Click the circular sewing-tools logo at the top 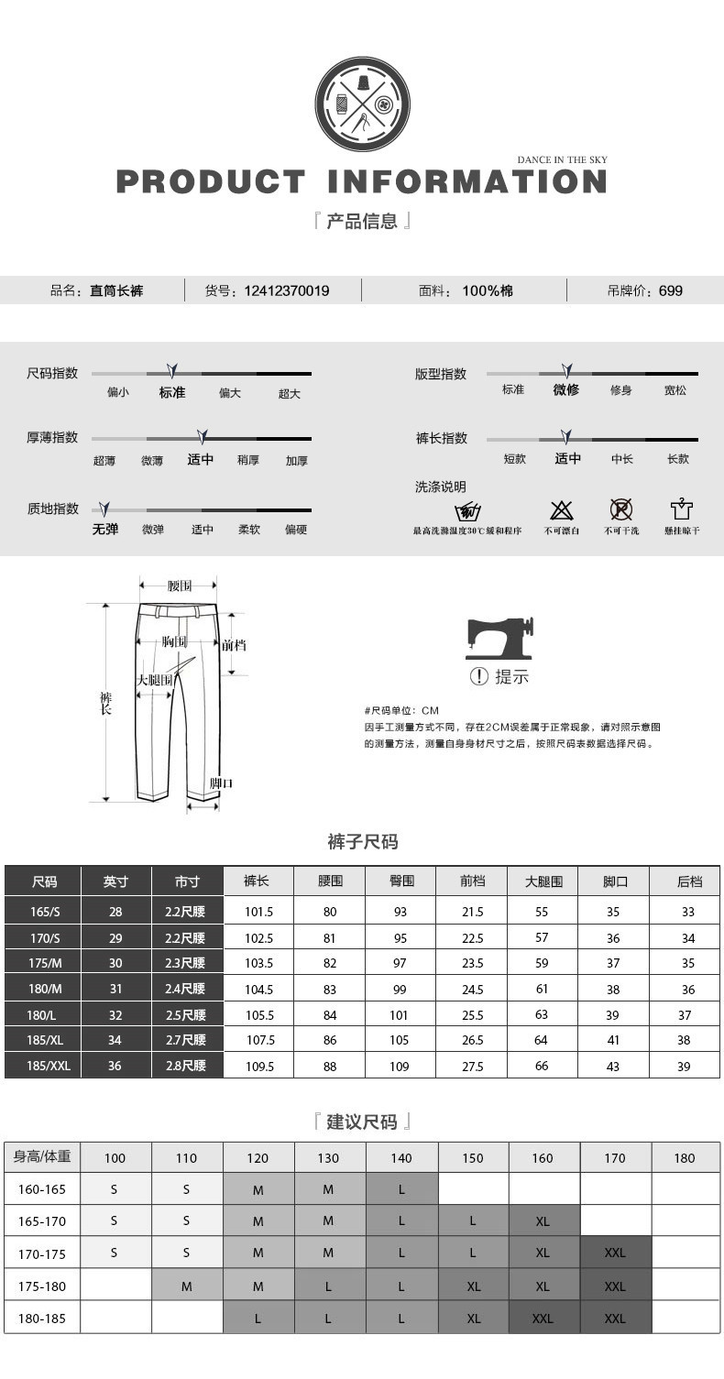click(x=362, y=103)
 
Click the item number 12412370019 click(x=287, y=291)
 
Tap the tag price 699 click(x=671, y=291)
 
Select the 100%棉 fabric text click(x=488, y=291)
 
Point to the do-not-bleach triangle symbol click(x=561, y=510)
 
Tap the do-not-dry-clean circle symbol click(x=621, y=510)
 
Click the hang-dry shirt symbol click(x=682, y=510)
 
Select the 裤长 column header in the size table click(x=258, y=881)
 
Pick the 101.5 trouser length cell click(x=258, y=912)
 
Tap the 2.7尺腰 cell click(x=187, y=1041)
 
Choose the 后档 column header click(x=688, y=881)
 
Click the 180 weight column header click(x=685, y=1158)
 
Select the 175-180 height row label click(x=42, y=1286)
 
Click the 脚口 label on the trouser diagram click(x=221, y=783)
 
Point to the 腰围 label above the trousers click(x=180, y=586)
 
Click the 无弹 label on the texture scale click(x=105, y=530)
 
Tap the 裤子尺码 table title click(x=363, y=842)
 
